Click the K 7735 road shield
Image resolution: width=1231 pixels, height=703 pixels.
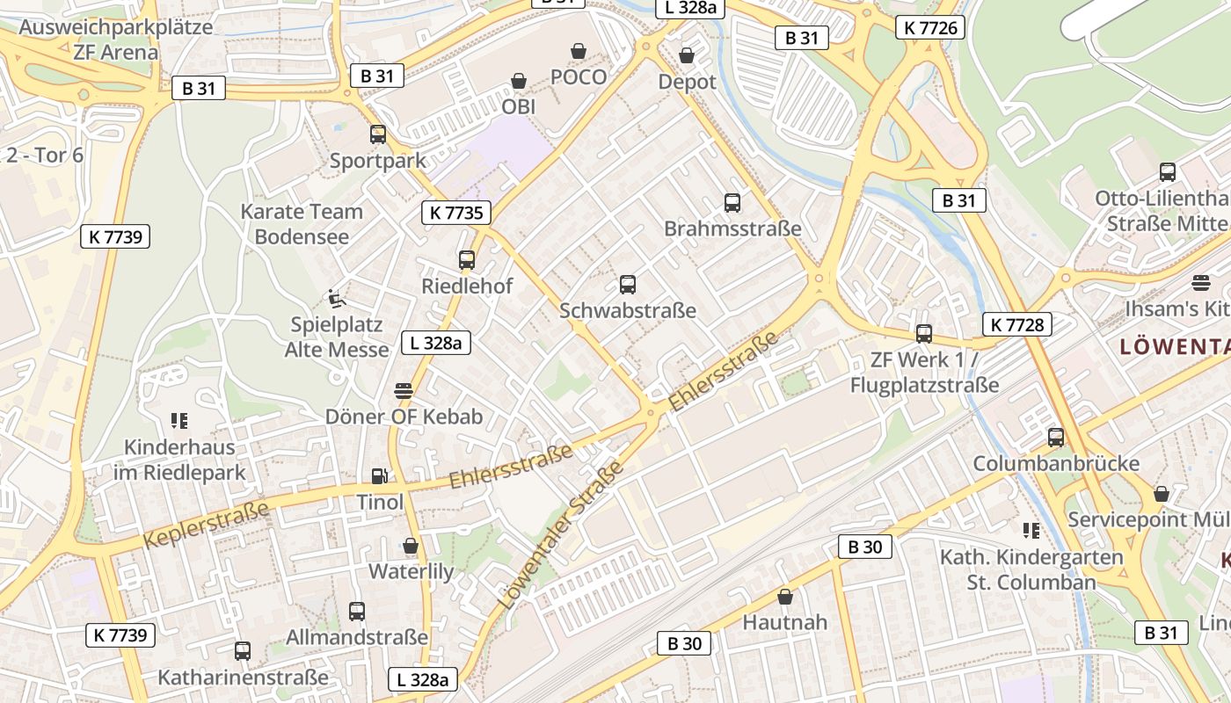coord(456,213)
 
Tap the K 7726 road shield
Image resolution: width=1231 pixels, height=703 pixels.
coord(931,28)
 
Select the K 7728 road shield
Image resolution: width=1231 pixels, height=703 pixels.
coord(1016,324)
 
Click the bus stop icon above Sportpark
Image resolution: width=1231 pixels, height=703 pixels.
coord(378,134)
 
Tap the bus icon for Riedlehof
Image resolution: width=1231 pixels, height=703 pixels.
coord(467,260)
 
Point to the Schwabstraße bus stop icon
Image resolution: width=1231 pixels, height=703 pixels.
coord(628,285)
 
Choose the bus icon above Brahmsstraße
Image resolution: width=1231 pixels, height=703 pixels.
coord(732,203)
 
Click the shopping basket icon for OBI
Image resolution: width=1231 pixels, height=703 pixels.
coord(519,81)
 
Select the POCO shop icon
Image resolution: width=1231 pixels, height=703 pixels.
coord(579,51)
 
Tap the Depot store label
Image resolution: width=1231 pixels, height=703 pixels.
coord(688,82)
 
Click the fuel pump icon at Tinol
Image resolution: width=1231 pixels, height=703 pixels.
coord(380,476)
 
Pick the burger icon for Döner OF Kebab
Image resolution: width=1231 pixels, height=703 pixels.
coord(404,390)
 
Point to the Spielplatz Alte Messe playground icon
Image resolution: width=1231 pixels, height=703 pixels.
coord(337,299)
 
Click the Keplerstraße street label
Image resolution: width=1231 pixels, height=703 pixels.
coord(206,525)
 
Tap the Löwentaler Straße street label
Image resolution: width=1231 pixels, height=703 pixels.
coord(561,536)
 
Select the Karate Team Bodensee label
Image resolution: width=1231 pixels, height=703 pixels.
coord(302,224)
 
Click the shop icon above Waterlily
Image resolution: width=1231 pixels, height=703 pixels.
coord(411,546)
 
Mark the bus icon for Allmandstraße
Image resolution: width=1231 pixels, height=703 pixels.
coord(357,611)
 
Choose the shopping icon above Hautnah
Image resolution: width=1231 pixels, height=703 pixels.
coord(785,597)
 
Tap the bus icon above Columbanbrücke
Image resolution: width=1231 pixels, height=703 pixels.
coord(1056,438)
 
